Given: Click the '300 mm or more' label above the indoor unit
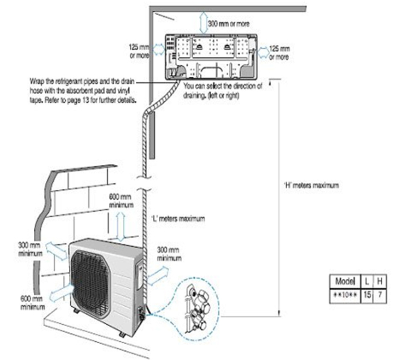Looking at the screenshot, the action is pos(228,24).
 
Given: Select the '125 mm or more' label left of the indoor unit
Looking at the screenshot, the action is pos(139,51).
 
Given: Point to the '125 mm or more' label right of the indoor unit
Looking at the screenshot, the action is pos(279,53).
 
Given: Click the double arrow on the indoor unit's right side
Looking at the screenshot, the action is pos(263,52).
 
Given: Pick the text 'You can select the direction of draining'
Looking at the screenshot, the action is pos(223,91).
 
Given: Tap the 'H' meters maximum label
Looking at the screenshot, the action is pos(311,185).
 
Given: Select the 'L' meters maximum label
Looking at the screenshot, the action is pos(178,218).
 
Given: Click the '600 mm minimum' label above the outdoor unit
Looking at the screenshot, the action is pos(121,201).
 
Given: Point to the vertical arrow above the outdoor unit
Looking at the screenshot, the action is pos(120,226).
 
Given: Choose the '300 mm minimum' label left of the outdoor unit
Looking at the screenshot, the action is pos(30,249).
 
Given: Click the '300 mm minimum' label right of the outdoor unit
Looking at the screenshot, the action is pos(169,254).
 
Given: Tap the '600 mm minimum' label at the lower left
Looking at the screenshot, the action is pos(33,303).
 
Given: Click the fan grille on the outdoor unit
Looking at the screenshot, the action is pos(91,281).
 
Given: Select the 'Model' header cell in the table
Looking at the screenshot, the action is pos(345,281).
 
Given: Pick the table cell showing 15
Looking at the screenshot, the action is pos(367,295).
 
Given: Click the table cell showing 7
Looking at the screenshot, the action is pos(380,295).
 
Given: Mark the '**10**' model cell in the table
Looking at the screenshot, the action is pos(345,295).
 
